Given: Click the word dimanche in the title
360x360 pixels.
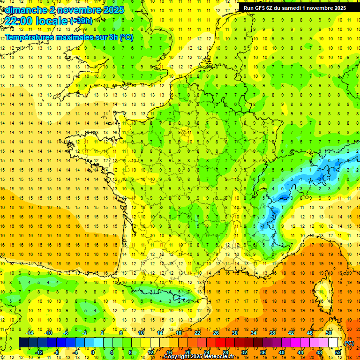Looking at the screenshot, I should click(x=24, y=10).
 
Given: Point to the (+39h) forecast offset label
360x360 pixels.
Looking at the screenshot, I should click(x=81, y=21).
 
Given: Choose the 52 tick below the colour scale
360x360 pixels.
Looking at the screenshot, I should click(x=338, y=352).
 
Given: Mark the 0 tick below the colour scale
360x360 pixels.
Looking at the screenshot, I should click(x=93, y=352).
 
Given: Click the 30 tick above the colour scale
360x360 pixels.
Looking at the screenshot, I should click(x=235, y=333).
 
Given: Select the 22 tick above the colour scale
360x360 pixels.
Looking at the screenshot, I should click(x=197, y=333).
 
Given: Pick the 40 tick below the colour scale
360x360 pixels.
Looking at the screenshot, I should click(x=281, y=352).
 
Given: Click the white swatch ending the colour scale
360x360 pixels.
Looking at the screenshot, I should click(x=333, y=343).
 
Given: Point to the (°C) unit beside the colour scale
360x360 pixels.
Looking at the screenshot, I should click(x=349, y=343).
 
